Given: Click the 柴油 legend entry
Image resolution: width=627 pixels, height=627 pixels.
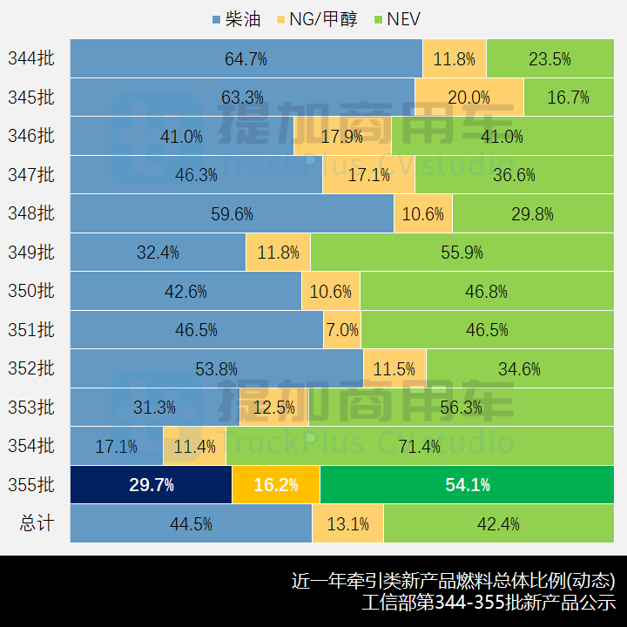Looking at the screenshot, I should click(x=236, y=19).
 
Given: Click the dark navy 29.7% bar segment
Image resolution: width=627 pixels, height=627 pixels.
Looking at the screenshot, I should click(x=151, y=485).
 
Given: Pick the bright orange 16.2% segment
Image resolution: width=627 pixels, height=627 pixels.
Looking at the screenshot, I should click(x=276, y=485).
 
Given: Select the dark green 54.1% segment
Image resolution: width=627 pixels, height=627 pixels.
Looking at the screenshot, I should click(x=467, y=485).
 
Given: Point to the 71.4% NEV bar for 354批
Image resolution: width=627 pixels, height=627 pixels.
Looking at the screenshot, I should click(x=419, y=447).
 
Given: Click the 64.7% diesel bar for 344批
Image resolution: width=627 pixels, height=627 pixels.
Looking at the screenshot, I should click(x=246, y=59).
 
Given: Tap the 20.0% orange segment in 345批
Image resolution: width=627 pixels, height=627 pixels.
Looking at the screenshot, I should click(x=469, y=98).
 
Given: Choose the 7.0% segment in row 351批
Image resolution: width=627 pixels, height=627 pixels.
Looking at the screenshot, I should click(x=342, y=330).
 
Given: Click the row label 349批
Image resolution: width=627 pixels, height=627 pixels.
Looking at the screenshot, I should click(x=31, y=253).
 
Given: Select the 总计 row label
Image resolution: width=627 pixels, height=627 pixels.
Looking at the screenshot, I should click(x=37, y=523).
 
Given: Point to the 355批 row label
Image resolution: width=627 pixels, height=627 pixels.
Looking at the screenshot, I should click(x=31, y=485).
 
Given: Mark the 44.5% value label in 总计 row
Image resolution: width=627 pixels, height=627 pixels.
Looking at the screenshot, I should click(x=192, y=524).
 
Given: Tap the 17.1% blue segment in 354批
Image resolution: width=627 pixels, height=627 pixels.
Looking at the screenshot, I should click(x=116, y=447).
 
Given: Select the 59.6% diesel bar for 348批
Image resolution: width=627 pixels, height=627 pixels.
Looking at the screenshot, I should click(x=232, y=213).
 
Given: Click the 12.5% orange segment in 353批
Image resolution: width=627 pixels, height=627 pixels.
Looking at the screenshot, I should click(x=273, y=408).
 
